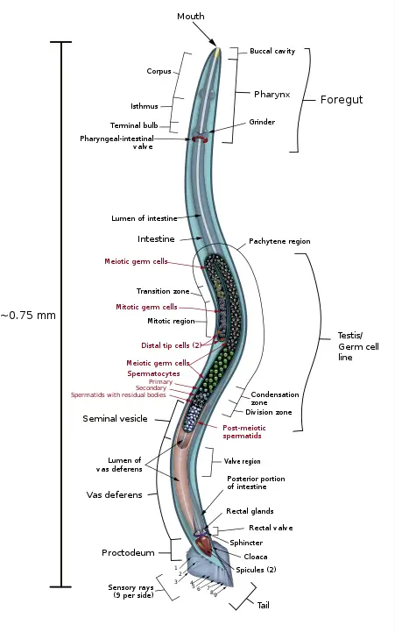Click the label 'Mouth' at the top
(x=191, y=16)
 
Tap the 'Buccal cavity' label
(x=272, y=51)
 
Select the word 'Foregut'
(x=342, y=100)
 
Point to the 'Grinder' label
(x=262, y=122)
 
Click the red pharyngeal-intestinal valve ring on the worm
(x=200, y=138)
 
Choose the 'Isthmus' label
(x=145, y=106)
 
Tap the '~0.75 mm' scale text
(x=28, y=316)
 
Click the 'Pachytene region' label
(x=279, y=241)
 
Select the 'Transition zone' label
(x=163, y=291)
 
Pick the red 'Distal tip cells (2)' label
(x=172, y=345)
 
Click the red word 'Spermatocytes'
(x=153, y=373)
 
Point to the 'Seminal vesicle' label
(x=115, y=419)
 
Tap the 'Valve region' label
(x=243, y=461)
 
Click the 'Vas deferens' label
(x=115, y=495)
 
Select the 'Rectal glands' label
(x=250, y=511)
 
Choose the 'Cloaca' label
(x=256, y=557)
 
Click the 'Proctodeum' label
(x=128, y=553)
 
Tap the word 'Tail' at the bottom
(x=264, y=605)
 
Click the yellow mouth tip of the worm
(x=217, y=52)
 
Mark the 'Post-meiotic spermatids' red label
(x=244, y=431)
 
